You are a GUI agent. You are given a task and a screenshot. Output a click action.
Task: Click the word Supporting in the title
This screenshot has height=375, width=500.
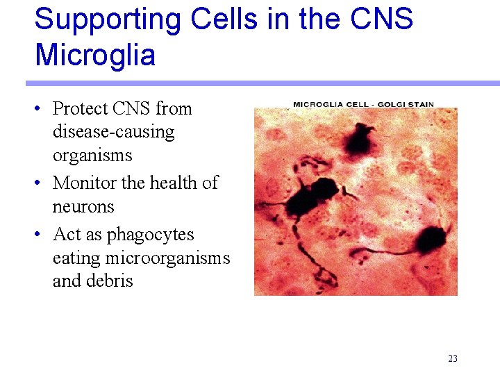click(102, 19)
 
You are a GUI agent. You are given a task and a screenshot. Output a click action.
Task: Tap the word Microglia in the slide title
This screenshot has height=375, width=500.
click(95, 55)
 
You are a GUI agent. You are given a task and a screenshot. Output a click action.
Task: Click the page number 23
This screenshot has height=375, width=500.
click(453, 359)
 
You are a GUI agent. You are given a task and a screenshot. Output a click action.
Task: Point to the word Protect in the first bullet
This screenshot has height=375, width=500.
click(81, 108)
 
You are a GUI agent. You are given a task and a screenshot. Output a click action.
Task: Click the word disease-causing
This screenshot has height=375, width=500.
click(113, 132)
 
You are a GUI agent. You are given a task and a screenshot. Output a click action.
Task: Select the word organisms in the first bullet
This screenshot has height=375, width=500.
click(92, 156)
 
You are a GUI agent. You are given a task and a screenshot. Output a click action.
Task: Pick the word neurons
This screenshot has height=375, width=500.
click(83, 207)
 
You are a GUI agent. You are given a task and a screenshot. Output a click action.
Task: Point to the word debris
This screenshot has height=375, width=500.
click(109, 281)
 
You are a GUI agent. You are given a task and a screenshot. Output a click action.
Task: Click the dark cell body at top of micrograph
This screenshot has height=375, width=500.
click(360, 139)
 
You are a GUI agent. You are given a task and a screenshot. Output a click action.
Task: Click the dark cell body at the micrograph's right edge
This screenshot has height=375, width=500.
click(429, 239)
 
